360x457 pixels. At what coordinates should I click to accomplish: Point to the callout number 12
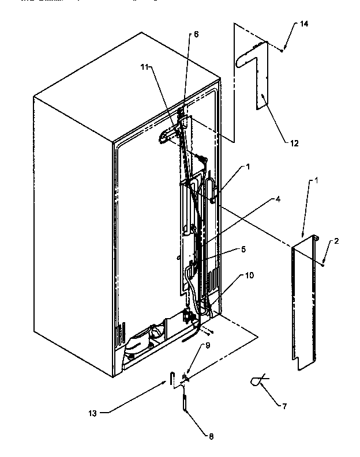294,143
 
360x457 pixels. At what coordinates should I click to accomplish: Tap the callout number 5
243,250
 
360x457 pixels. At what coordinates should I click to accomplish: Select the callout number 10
249,275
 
